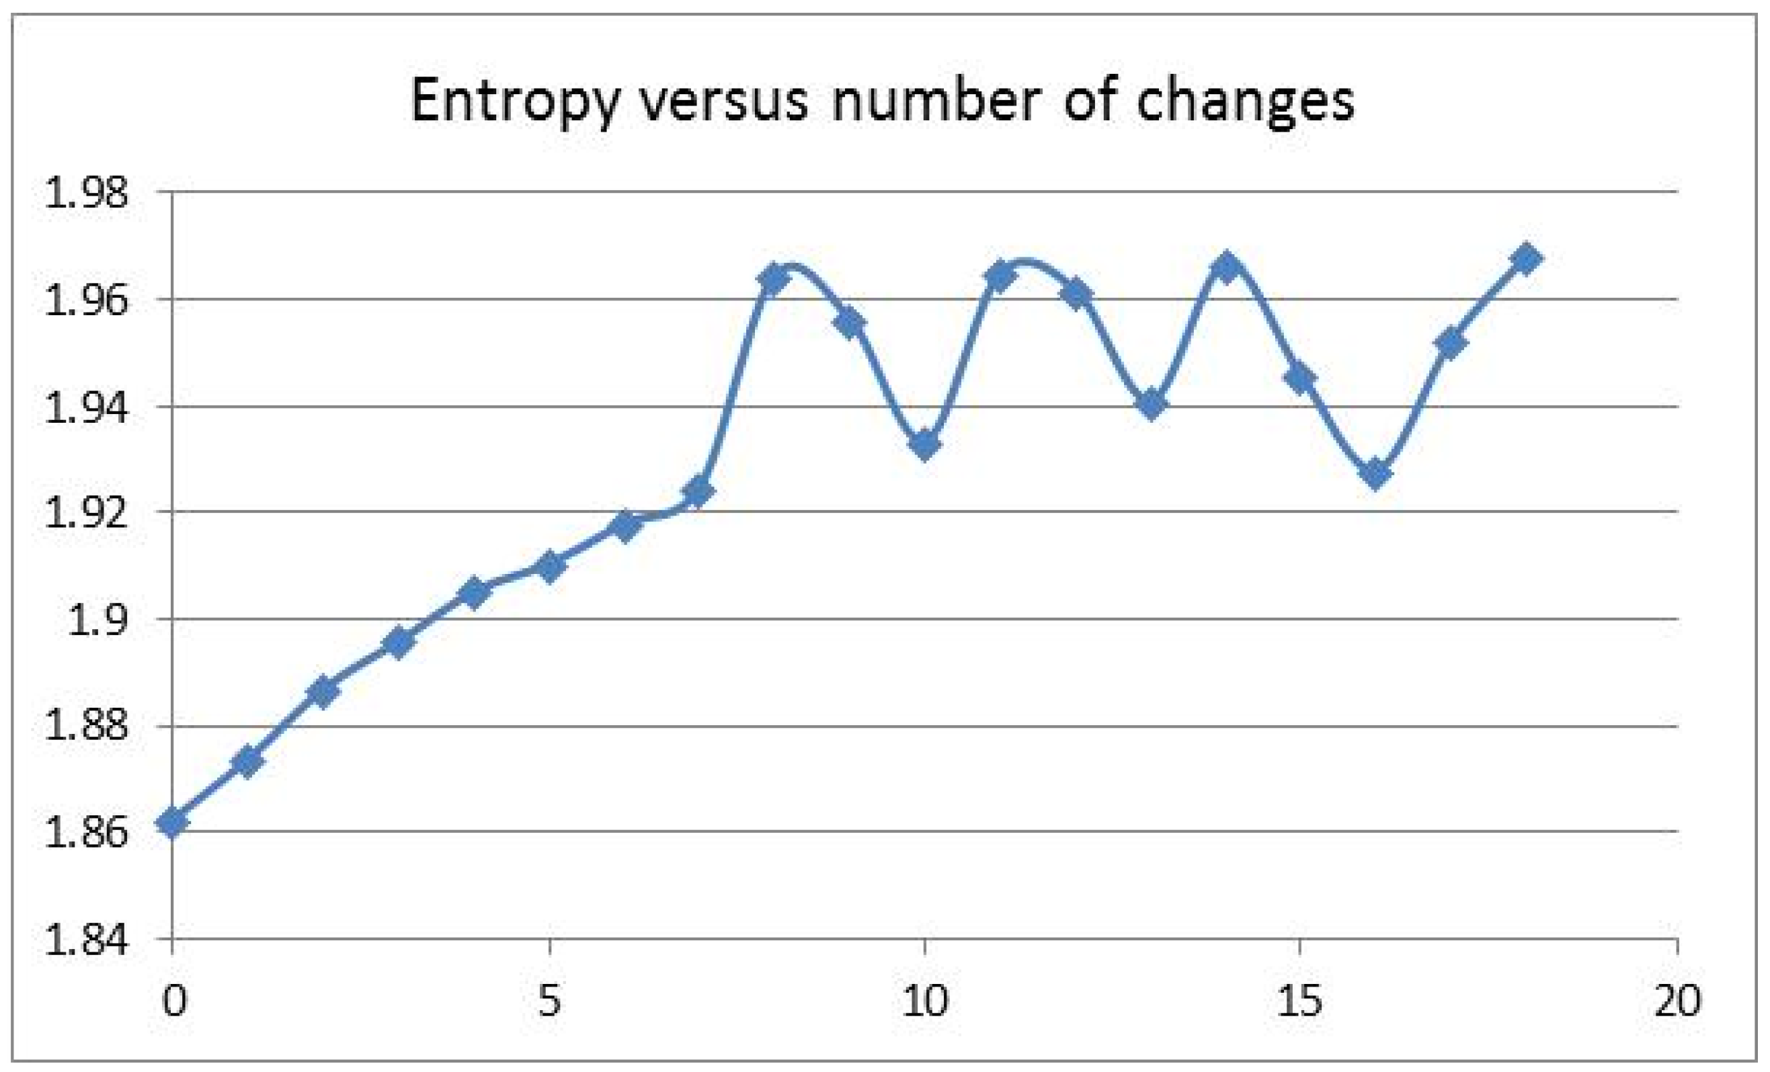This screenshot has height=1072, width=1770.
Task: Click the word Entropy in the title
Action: pyautogui.click(x=514, y=101)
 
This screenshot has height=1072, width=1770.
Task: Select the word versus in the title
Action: pyautogui.click(x=724, y=101)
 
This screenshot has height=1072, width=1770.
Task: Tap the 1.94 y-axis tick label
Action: pyautogui.click(x=87, y=407)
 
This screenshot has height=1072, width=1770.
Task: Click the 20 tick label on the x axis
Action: pyautogui.click(x=1677, y=1000)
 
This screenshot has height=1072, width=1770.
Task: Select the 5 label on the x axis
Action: pyautogui.click(x=549, y=1000)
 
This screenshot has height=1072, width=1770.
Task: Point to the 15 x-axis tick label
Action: pyautogui.click(x=1300, y=1000)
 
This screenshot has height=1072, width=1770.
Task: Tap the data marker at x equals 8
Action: pyautogui.click(x=774, y=277)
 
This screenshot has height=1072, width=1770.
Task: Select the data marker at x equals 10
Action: pyautogui.click(x=924, y=444)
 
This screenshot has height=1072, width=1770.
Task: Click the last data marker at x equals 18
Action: pyautogui.click(x=1526, y=259)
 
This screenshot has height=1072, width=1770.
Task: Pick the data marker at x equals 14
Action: pyautogui.click(x=1225, y=267)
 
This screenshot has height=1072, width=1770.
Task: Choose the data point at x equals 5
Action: pyautogui.click(x=549, y=567)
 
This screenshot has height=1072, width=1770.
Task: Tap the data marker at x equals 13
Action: pyautogui.click(x=1151, y=404)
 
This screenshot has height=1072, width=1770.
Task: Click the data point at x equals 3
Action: pyautogui.click(x=399, y=641)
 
